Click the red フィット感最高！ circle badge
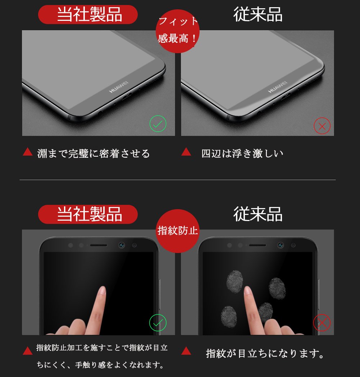coord(178,31)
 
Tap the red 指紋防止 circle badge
coord(178,231)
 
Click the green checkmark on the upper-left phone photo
coord(158,124)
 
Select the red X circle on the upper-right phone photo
coord(322,126)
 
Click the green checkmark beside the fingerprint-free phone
coord(158,323)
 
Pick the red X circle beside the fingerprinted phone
coord(322,323)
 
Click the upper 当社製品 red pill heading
coord(88,14)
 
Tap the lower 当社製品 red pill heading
coord(88,214)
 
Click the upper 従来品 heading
coord(258,14)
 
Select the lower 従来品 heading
coord(258,214)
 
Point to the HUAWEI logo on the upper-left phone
coord(119,87)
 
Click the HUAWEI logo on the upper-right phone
coord(278,87)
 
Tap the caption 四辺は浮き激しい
coord(242,153)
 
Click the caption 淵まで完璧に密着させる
coord(94,153)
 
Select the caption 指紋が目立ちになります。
coord(265,353)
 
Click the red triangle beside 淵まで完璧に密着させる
coord(28,152)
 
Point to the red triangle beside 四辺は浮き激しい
coord(186,152)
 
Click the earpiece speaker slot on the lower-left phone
coord(99,245)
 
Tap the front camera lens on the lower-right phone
coord(281,245)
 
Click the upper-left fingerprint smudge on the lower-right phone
coord(234,281)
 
